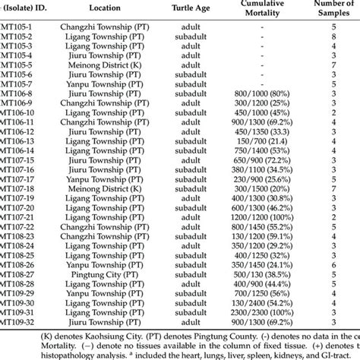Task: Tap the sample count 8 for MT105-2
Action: (x=334, y=36)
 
